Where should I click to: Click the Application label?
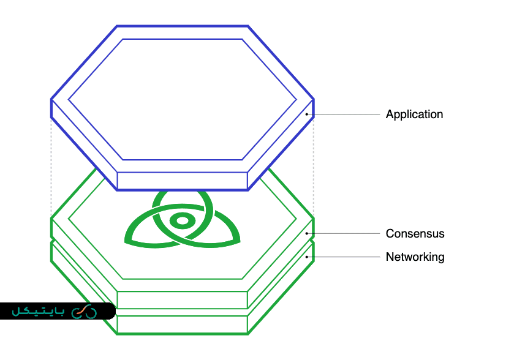pyautogui.click(x=414, y=114)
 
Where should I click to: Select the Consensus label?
pyautogui.click(x=415, y=234)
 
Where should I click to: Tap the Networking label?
pyautogui.click(x=415, y=257)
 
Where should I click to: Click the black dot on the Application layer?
pyautogui.click(x=306, y=114)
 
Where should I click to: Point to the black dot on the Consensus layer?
pyautogui.click(x=306, y=233)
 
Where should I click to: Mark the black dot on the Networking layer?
pyautogui.click(x=306, y=257)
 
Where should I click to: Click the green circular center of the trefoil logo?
pyautogui.click(x=181, y=222)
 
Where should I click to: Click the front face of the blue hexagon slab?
pyautogui.click(x=182, y=181)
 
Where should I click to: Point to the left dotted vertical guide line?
pyautogui.click(x=51, y=165)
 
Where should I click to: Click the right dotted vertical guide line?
pyautogui.click(x=314, y=165)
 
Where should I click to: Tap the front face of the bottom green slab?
pyautogui.click(x=182, y=324)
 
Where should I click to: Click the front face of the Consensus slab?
pyautogui.click(x=182, y=300)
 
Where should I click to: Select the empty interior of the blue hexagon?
pyautogui.click(x=182, y=98)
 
